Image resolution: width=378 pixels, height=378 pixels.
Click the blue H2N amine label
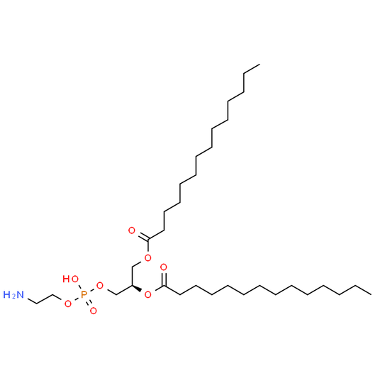click(13, 295)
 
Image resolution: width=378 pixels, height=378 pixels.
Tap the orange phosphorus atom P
click(84, 294)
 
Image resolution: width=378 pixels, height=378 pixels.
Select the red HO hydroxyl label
click(70, 279)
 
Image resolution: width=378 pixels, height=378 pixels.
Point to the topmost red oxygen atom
click(132, 230)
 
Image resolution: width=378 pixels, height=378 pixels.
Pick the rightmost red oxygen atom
click(164, 267)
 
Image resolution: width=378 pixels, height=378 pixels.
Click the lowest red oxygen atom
click(94, 311)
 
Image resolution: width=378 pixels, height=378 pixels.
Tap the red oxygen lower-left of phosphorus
click(68, 304)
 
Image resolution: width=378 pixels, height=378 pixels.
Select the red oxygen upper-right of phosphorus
click(100, 285)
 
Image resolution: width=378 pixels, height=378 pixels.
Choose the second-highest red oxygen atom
click(148, 257)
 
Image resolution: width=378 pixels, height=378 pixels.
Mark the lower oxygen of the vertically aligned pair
click(148, 294)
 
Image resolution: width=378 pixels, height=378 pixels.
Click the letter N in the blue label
click(21, 295)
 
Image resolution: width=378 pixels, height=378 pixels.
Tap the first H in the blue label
click(6, 295)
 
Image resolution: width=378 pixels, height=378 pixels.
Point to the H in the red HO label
click(66, 279)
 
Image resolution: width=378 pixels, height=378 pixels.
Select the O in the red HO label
click(75, 279)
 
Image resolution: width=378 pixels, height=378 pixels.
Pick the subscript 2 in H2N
click(13, 297)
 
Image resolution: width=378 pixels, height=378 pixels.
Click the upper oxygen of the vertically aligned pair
click(148, 257)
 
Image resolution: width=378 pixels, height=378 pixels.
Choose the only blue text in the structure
click(13, 295)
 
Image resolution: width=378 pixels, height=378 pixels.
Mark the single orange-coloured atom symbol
click(84, 294)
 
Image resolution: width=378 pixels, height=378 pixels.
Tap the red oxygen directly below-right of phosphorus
click(94, 311)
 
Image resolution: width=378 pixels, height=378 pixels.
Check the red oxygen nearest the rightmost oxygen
click(148, 257)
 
